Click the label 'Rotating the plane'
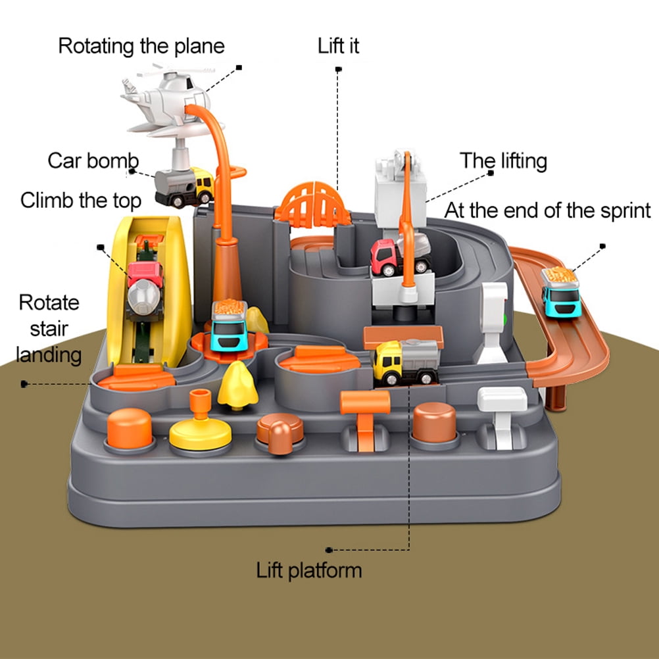[141, 46]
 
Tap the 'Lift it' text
[339, 46]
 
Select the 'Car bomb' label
[93, 160]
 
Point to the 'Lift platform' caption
[309, 570]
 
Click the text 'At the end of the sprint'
[547, 210]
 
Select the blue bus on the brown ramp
[561, 293]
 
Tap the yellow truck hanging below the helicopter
[185, 185]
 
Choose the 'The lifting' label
[503, 160]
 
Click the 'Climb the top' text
[81, 200]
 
